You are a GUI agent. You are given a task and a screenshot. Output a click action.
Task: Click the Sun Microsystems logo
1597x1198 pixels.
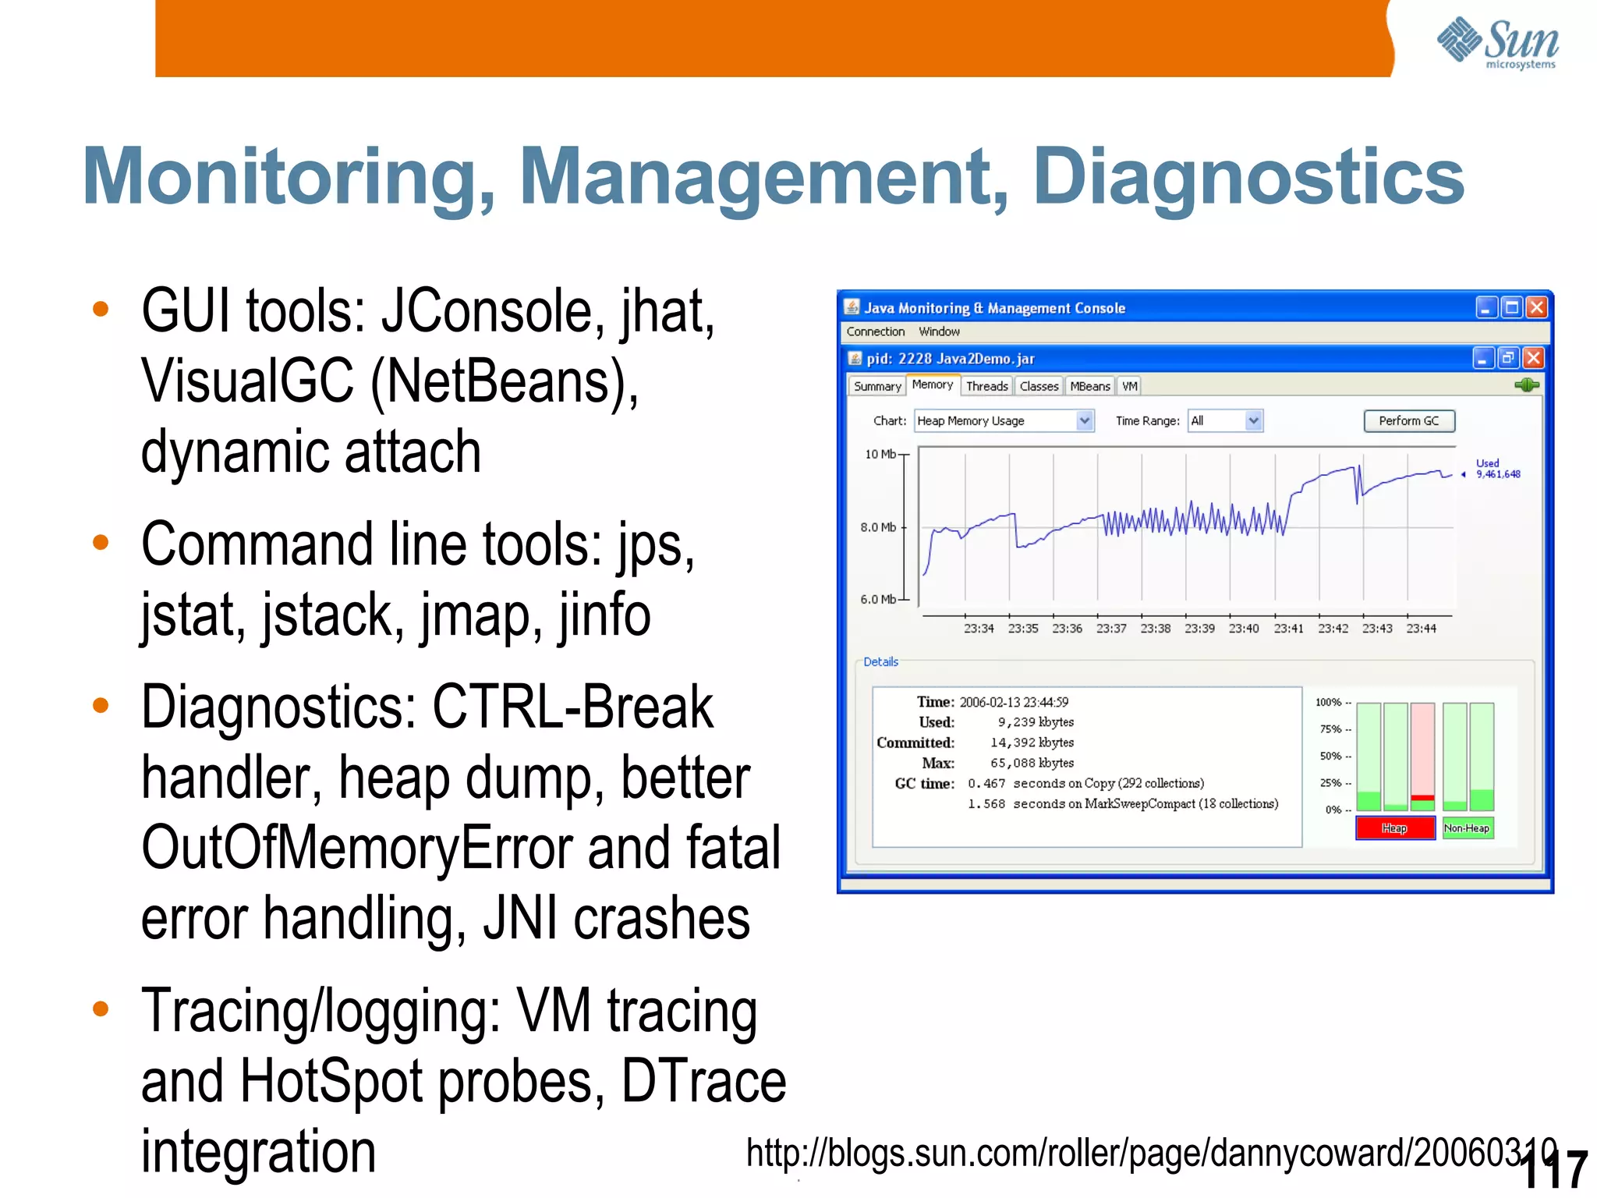coord(1497,43)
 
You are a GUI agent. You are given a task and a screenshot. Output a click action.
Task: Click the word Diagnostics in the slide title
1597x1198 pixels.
coord(1248,178)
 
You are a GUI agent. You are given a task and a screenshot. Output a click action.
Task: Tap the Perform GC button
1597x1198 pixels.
coord(1408,421)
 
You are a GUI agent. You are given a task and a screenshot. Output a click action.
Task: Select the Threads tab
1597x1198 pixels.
coord(986,386)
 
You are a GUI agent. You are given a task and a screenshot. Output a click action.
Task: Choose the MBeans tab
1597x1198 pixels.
coord(1089,386)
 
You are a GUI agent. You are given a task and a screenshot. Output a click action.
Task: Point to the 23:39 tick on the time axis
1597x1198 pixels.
coord(1199,629)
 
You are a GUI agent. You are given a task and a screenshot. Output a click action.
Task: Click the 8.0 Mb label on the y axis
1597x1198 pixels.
coord(878,527)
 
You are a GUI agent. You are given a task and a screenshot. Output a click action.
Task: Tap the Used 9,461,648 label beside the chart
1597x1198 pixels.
coord(1497,469)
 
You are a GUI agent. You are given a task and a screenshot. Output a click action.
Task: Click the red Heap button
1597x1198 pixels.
coord(1394,828)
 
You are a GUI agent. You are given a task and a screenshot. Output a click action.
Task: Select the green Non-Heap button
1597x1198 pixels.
coord(1467,828)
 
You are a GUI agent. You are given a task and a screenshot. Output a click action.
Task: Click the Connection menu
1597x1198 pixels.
coord(875,331)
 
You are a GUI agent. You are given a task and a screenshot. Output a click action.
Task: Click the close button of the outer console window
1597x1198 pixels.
coord(1536,307)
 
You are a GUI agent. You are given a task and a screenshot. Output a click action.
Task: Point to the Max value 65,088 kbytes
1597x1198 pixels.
coord(1032,763)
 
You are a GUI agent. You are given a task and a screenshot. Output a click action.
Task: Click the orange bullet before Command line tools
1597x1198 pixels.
coord(101,542)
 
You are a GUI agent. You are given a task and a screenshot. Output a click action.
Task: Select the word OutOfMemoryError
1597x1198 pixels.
coord(356,849)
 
